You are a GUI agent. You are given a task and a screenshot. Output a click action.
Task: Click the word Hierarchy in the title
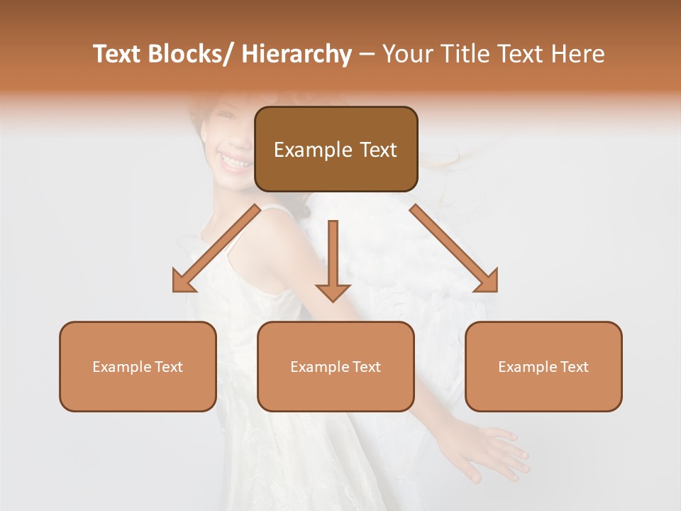click(297, 54)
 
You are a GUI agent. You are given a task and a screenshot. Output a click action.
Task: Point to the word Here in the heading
click(580, 54)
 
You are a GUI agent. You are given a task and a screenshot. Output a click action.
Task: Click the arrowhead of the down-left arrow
click(184, 281)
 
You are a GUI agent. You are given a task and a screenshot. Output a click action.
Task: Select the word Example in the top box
click(304, 150)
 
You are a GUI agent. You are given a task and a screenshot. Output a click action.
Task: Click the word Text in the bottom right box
click(572, 367)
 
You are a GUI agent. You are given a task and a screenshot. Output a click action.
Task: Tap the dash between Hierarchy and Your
click(367, 54)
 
